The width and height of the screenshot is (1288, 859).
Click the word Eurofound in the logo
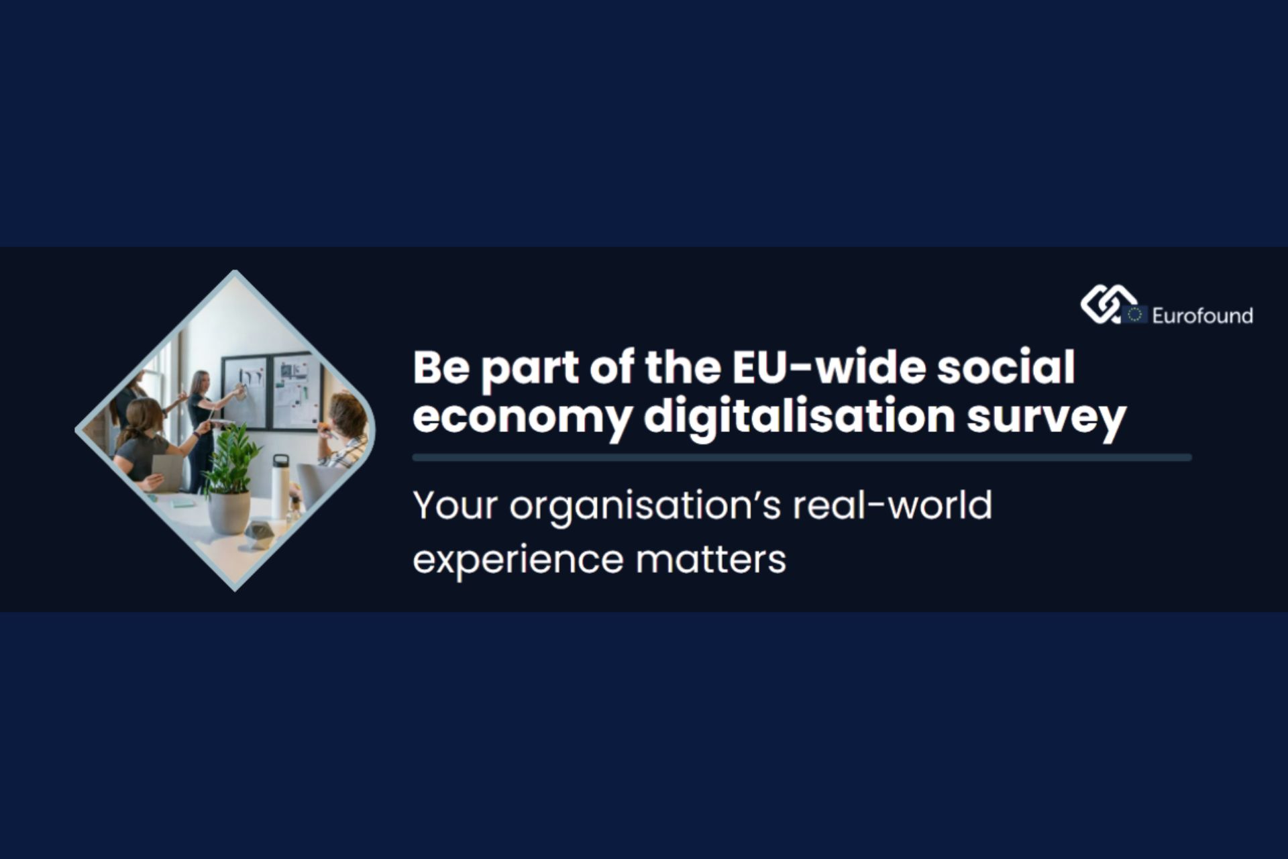[1202, 315]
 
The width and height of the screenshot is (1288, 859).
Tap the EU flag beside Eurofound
[1134, 314]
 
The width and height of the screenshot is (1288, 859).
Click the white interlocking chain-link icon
[1108, 305]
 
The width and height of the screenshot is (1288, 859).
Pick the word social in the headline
[1006, 367]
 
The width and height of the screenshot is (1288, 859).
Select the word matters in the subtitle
[710, 560]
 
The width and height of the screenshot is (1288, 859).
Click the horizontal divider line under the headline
[802, 458]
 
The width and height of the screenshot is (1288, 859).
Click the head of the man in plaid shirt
[348, 416]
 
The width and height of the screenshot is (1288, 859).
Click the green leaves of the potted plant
[230, 460]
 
